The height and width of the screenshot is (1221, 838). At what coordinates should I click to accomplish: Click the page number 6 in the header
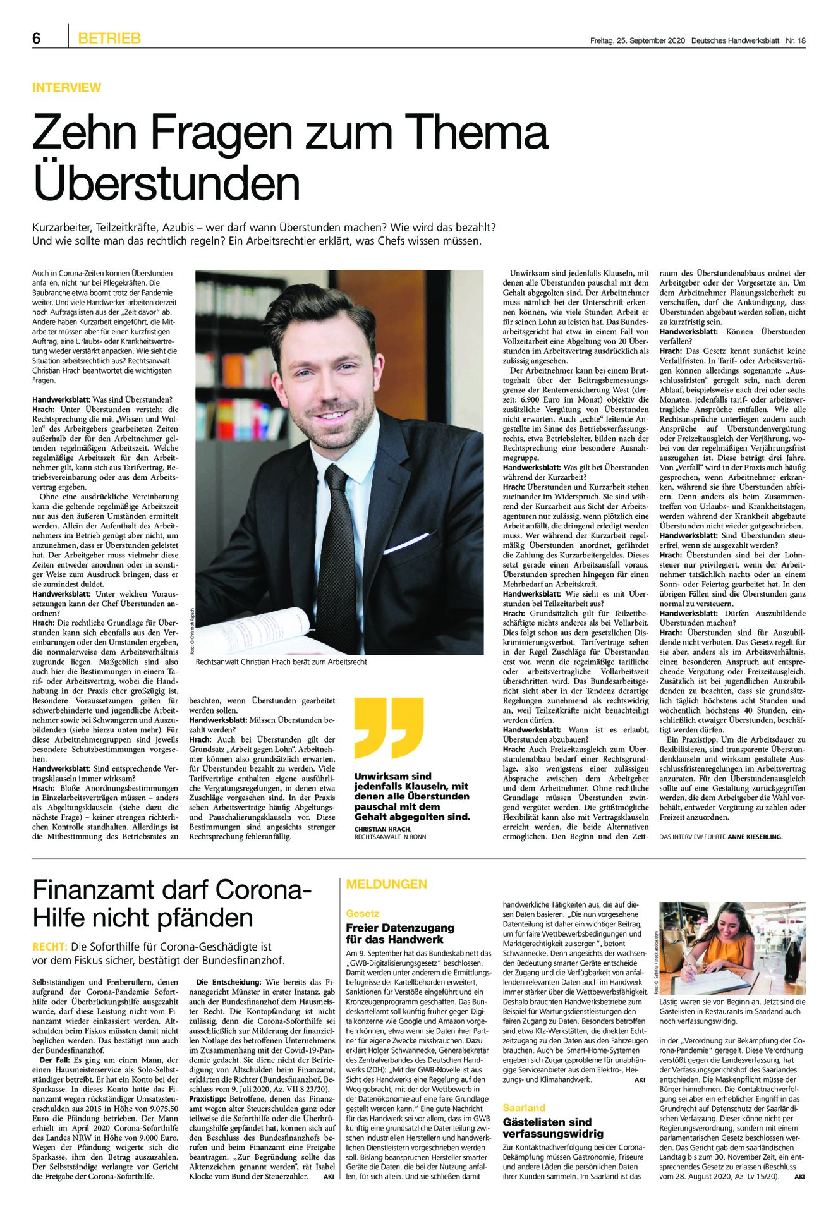click(x=37, y=39)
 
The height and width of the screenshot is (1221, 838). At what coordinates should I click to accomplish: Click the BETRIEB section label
click(x=109, y=39)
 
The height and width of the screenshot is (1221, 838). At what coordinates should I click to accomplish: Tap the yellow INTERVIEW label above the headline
click(x=66, y=87)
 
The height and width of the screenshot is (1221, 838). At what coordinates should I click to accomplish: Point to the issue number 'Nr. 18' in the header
click(x=796, y=40)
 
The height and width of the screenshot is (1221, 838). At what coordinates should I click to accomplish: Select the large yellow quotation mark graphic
click(x=388, y=727)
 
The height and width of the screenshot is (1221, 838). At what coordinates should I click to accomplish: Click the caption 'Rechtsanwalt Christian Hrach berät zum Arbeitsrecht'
click(x=281, y=662)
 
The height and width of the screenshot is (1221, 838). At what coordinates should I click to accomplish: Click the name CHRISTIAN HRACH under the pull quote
click(x=382, y=829)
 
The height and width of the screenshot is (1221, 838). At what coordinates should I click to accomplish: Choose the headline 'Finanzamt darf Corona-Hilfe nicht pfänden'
click(x=172, y=903)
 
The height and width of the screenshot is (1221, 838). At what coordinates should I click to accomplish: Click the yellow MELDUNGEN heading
click(x=386, y=884)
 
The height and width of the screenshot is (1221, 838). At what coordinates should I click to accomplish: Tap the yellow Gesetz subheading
click(x=362, y=913)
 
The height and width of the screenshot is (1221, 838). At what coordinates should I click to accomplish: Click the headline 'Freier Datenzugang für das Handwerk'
click(x=399, y=933)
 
